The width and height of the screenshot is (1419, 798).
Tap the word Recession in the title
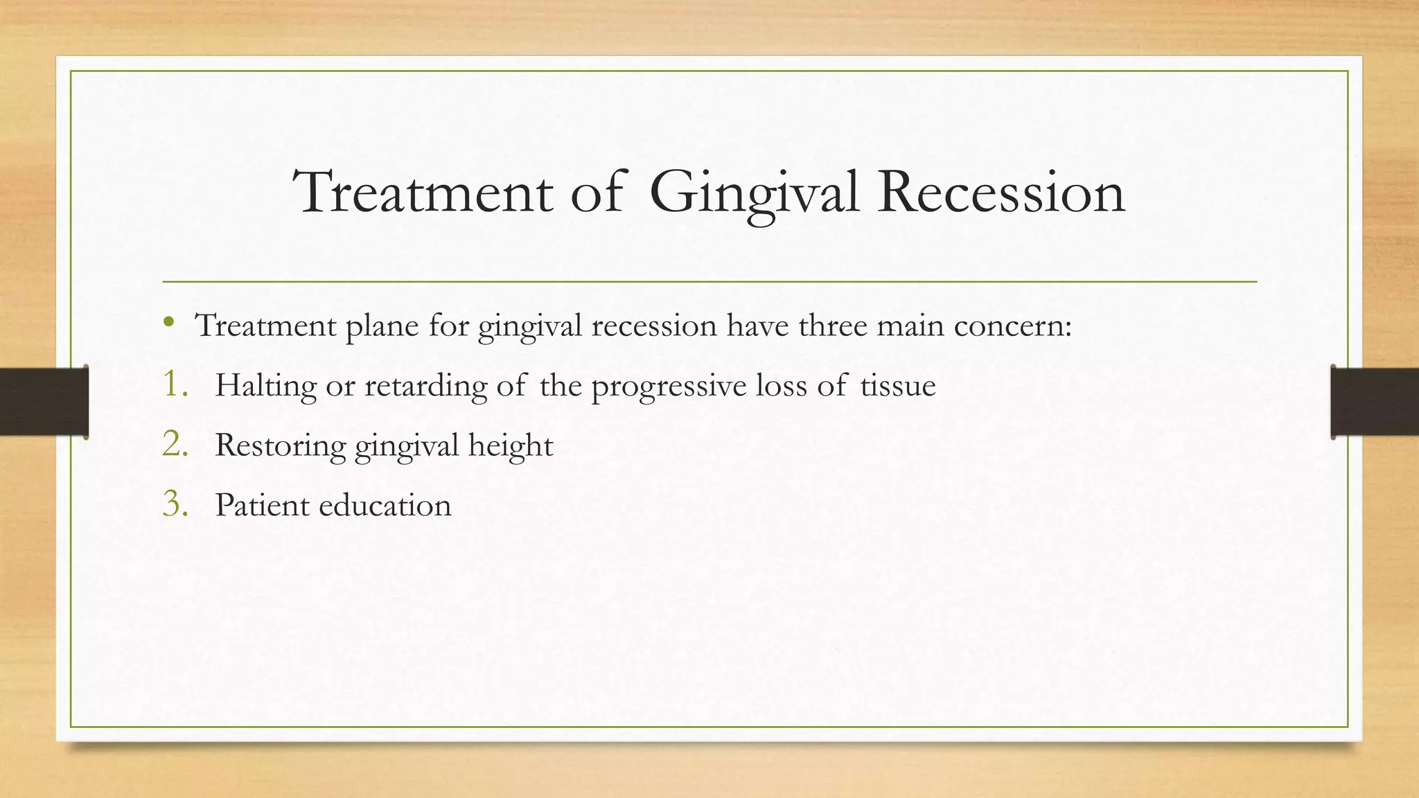click(1001, 193)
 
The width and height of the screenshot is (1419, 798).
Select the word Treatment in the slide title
click(423, 193)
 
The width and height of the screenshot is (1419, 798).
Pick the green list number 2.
click(175, 444)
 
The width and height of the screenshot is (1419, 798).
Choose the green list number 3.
click(175, 504)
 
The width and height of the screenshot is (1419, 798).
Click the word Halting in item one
click(265, 386)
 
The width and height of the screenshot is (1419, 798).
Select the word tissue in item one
click(898, 386)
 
